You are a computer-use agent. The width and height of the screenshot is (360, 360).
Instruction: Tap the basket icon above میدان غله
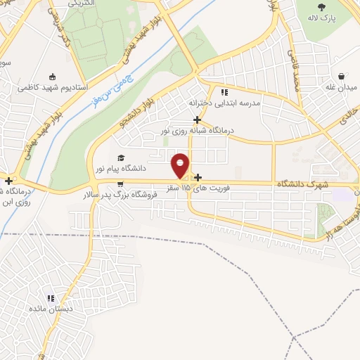pyautogui.click(x=341, y=76)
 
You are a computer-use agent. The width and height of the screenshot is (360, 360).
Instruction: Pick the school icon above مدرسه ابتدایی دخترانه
pyautogui.click(x=224, y=92)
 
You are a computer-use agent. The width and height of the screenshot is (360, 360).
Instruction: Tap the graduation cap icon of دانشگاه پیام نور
pyautogui.click(x=121, y=158)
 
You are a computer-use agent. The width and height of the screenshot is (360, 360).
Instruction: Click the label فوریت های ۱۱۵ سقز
pyautogui.click(x=189, y=188)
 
